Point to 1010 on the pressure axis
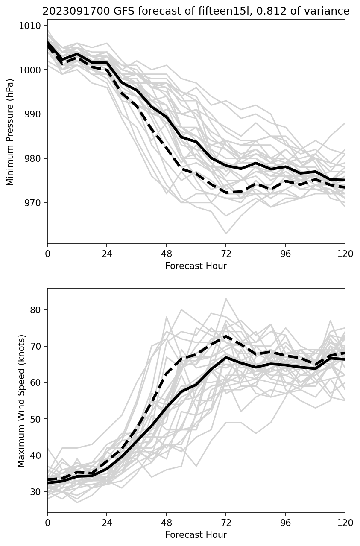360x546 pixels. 32,26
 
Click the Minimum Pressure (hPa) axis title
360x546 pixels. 10,132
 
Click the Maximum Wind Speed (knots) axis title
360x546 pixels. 21,400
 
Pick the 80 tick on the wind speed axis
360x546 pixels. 37,310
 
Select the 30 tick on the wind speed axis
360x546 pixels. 37,492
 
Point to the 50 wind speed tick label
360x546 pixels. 37,419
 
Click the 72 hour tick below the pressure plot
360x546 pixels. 226,254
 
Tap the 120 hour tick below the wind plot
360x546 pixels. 345,523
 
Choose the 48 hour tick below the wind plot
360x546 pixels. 167,523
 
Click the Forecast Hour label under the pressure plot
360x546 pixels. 196,266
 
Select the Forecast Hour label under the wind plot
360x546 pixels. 196,535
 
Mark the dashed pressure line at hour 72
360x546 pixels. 226,193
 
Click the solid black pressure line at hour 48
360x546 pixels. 167,117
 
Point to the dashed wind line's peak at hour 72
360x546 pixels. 226,336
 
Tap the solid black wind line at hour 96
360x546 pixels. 285,365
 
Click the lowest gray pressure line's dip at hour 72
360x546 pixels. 226,234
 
